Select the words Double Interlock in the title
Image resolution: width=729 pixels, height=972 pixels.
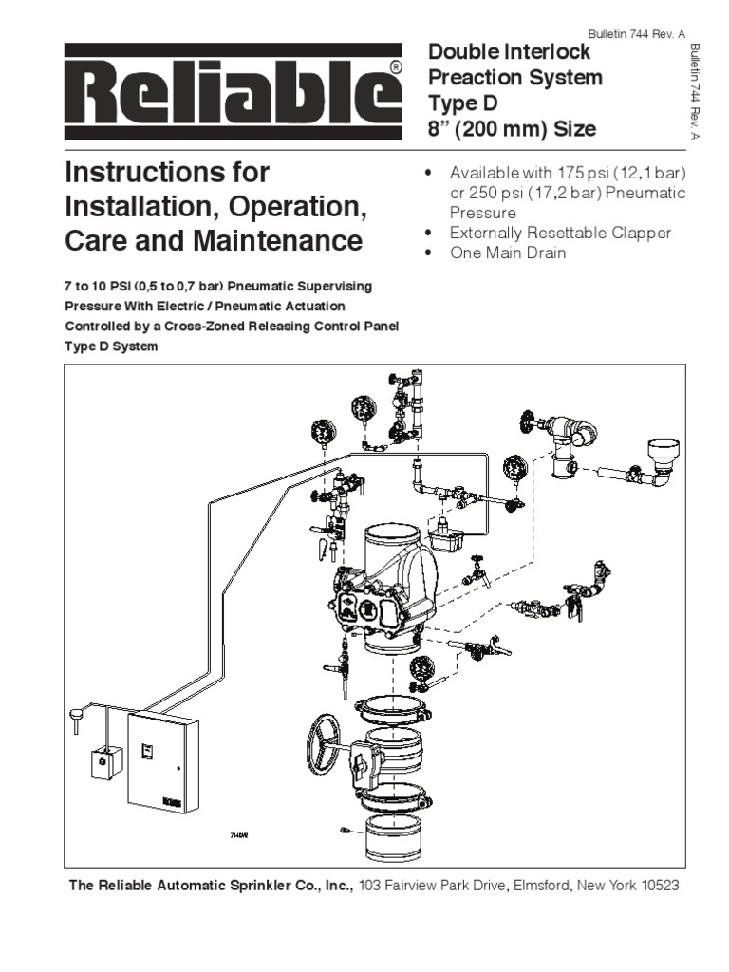point(511,52)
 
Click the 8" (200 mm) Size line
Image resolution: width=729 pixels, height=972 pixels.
point(514,128)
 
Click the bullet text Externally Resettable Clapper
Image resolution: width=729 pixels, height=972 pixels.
point(560,233)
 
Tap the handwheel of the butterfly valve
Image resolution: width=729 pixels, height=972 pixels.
point(327,738)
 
